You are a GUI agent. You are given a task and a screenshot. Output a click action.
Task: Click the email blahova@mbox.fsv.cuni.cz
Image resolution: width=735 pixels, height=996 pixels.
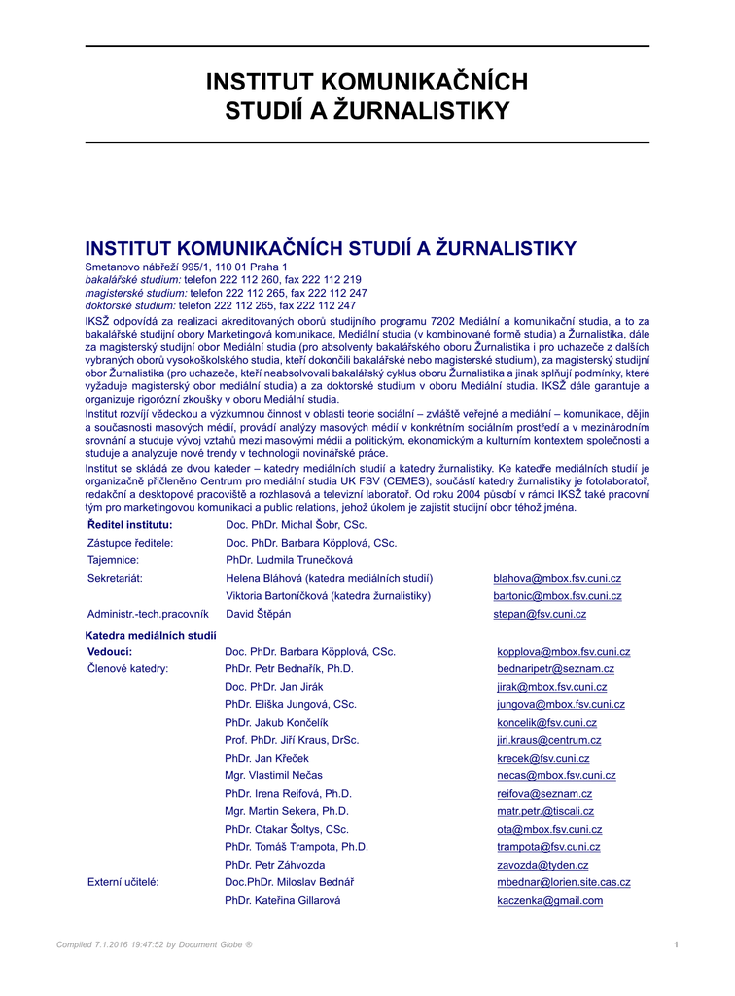coord(557,578)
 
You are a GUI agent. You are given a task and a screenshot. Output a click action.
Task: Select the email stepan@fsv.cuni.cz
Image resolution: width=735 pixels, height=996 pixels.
coord(540,614)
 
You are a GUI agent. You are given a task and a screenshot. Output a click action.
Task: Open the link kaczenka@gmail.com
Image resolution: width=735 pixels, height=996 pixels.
coord(549,901)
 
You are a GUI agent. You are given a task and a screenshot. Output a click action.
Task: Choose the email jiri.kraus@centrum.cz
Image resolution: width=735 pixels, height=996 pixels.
coord(548,740)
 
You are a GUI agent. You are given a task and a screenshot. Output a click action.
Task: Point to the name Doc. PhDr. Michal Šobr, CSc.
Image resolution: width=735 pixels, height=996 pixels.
coord(296,525)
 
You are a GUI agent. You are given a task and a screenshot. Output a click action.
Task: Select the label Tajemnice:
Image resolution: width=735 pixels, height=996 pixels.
coord(114,560)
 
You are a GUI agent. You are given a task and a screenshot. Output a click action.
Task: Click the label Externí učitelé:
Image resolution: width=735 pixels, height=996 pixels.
coord(123,882)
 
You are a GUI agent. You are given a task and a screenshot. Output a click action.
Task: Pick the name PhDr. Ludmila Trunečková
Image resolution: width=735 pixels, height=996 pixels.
coord(289,560)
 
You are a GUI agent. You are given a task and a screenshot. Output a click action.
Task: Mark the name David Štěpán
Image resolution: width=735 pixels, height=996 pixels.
coord(258,614)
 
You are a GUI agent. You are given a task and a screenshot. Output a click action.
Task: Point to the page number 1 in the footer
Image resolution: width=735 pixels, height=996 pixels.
coord(676,944)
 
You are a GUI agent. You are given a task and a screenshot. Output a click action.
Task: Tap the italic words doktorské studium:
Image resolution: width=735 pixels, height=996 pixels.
coord(130,304)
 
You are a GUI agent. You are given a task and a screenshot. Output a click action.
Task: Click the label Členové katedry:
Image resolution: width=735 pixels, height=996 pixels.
coord(127,669)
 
